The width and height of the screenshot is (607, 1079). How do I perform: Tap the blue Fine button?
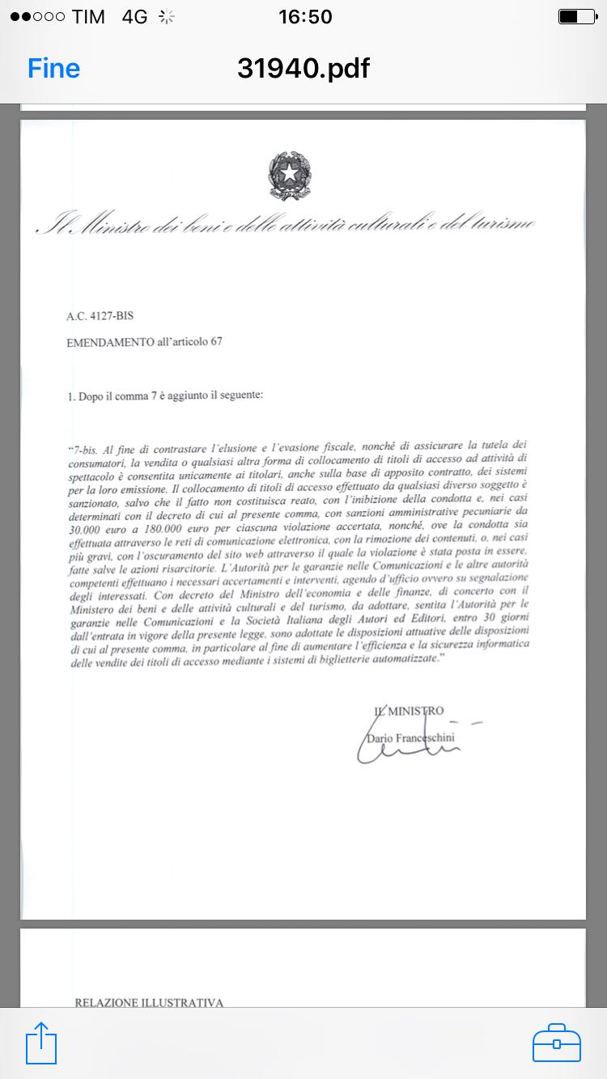pyautogui.click(x=53, y=69)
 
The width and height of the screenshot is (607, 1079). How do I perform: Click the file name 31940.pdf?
pyautogui.click(x=303, y=69)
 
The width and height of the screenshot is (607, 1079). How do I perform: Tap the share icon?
pyautogui.click(x=42, y=1043)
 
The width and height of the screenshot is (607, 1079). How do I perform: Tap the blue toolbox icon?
pyautogui.click(x=557, y=1043)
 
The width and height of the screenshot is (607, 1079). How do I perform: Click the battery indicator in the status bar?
pyautogui.click(x=577, y=16)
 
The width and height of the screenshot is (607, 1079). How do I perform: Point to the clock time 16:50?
pyautogui.click(x=304, y=16)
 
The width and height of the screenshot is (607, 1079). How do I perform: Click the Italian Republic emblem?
pyautogui.click(x=290, y=176)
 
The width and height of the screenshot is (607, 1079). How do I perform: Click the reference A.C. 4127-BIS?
pyautogui.click(x=100, y=316)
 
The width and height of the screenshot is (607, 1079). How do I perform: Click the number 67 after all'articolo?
pyautogui.click(x=216, y=341)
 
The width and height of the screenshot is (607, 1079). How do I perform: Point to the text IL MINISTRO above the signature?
pyautogui.click(x=409, y=711)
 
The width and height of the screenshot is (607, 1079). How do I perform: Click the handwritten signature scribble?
pyautogui.click(x=405, y=749)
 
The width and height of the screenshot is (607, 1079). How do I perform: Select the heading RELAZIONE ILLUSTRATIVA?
pyautogui.click(x=149, y=1003)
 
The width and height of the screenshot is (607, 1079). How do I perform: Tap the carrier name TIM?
pyautogui.click(x=88, y=16)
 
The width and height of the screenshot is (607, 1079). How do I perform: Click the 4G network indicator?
pyautogui.click(x=134, y=16)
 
